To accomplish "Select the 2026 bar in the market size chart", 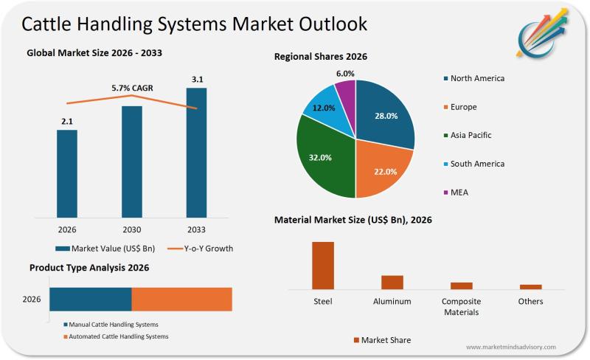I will click(66, 173).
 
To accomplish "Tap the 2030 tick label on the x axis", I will click(131, 229).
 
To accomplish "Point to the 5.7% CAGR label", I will click(131, 88).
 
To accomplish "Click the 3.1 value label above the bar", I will click(196, 79).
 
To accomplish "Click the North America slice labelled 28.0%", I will click(385, 114).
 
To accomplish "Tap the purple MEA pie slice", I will click(346, 91).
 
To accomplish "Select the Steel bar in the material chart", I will click(323, 265).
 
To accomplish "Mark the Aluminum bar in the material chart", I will click(392, 282).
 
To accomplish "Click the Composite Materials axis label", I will click(461, 306).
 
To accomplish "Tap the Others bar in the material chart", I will click(530, 286).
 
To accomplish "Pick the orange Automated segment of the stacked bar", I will click(181, 300).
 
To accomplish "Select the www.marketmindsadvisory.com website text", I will click(510, 347).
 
